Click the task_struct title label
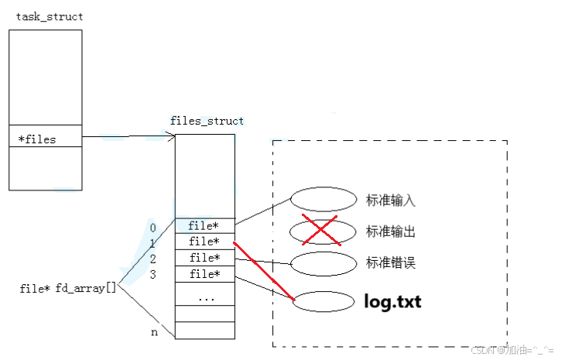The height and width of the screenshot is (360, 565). pos(50,17)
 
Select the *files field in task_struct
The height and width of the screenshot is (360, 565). pos(37,139)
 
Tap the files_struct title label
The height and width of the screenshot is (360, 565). pos(207,121)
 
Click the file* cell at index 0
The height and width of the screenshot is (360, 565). pos(204,226)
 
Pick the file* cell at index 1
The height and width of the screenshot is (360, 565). pos(204,242)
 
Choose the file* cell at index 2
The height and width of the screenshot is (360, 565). pos(204,258)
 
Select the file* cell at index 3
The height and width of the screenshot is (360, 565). pos(204,274)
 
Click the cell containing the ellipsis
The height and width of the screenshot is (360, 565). pos(204,297)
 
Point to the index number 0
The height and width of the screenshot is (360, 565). pos(152,228)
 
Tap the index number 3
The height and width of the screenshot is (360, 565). pos(152,274)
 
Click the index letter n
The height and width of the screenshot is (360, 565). pos(153,333)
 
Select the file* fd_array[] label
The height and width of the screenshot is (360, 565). pos(68,289)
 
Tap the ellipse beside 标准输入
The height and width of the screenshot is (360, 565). pos(323,200)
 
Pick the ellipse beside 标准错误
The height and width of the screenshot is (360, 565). pos(323,263)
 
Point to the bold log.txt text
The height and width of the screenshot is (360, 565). pos(392,301)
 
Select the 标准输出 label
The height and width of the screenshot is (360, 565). pos(391,231)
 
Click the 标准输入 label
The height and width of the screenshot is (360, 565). pos(391,201)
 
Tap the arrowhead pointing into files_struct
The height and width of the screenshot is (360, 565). pos(171,138)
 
